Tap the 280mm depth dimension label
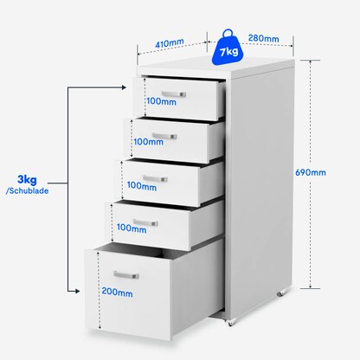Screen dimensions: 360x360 tap(262, 38)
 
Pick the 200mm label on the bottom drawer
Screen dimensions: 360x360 tap(119, 292)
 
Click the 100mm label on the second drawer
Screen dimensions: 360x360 tap(151, 143)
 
